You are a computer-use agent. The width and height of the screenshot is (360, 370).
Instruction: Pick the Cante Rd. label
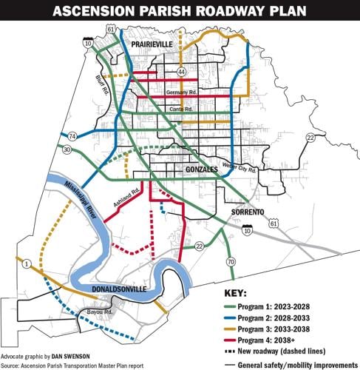(181, 109)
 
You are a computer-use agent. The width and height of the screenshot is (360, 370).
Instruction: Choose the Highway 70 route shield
(231, 261)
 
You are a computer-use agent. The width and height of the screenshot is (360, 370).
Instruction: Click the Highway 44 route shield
(181, 71)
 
